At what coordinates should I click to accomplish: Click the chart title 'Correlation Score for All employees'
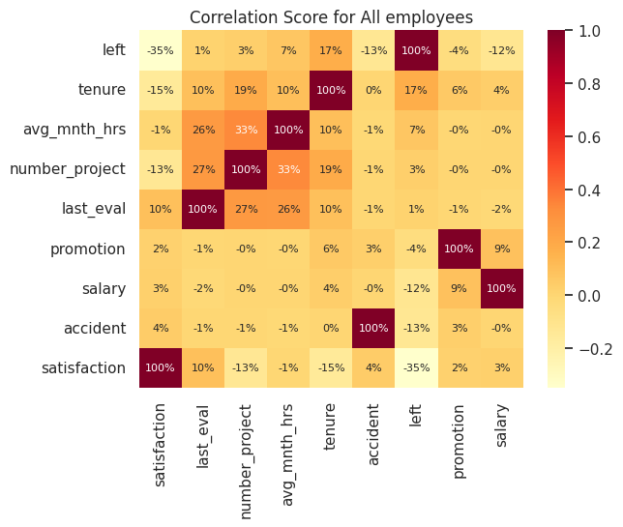coord(331,17)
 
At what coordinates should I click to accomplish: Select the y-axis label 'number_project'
coord(68,169)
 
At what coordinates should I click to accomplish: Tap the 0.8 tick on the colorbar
coord(588,84)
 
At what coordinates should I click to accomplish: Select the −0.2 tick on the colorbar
coord(585,349)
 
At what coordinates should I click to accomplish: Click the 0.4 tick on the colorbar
coord(588,190)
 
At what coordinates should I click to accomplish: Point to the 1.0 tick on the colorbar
coord(588,31)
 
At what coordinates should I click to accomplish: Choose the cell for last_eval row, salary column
coord(502,209)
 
